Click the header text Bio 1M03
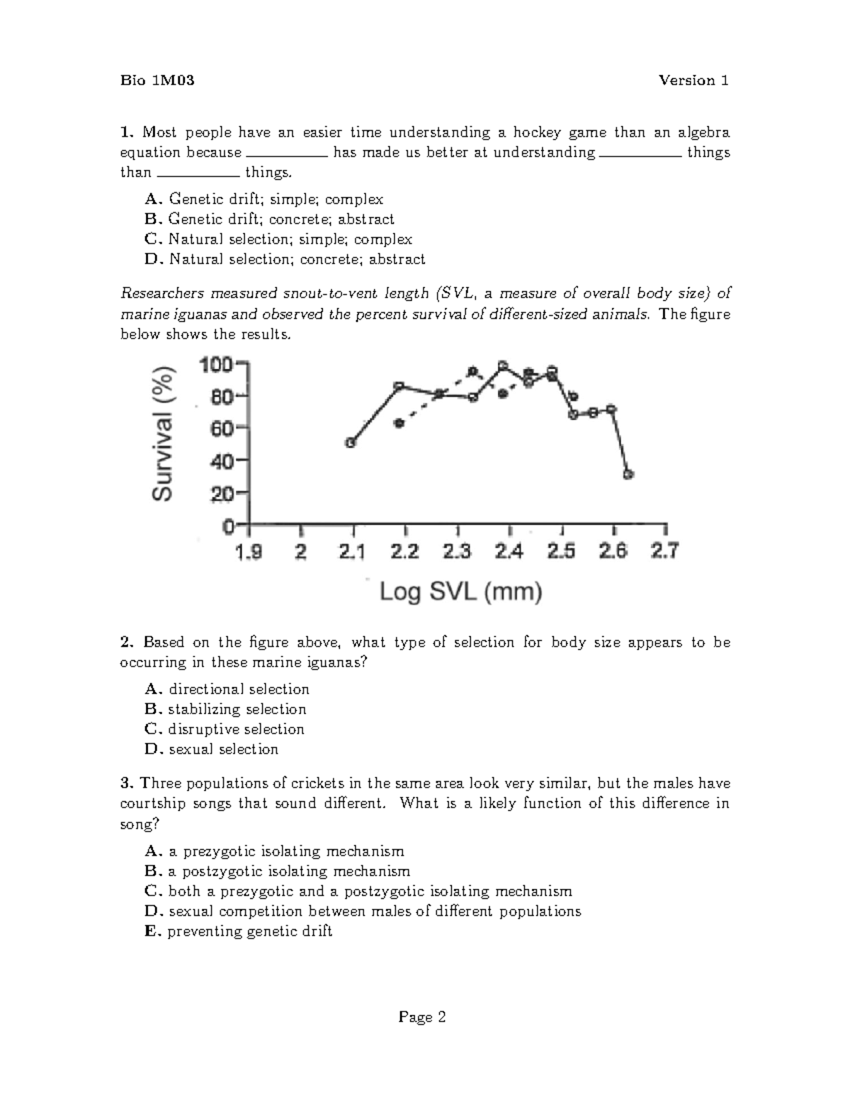157,81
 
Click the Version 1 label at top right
693,81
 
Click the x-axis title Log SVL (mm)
460,591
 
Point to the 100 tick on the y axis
217,365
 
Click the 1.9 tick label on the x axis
249,551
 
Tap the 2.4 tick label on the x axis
509,551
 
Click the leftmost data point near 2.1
351,443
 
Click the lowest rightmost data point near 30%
628,474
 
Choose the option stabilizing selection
237,710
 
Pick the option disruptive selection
236,730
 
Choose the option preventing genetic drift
249,931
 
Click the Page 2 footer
422,1018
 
